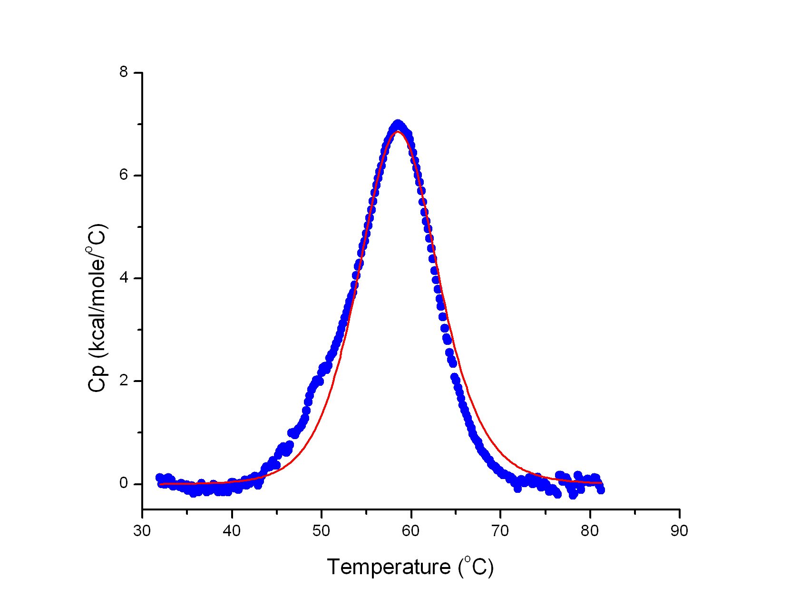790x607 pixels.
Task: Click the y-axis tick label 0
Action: (x=124, y=484)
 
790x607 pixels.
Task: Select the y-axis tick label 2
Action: (x=124, y=381)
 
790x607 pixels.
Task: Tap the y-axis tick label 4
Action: (x=124, y=278)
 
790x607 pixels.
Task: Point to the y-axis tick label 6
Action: (x=124, y=176)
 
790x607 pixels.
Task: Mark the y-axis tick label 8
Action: (x=124, y=73)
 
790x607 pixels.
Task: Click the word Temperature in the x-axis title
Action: (x=389, y=567)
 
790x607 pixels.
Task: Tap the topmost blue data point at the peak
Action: (x=398, y=125)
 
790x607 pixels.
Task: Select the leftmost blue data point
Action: (x=160, y=478)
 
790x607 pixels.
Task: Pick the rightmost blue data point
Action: (x=601, y=490)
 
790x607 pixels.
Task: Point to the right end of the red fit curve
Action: (x=602, y=483)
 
